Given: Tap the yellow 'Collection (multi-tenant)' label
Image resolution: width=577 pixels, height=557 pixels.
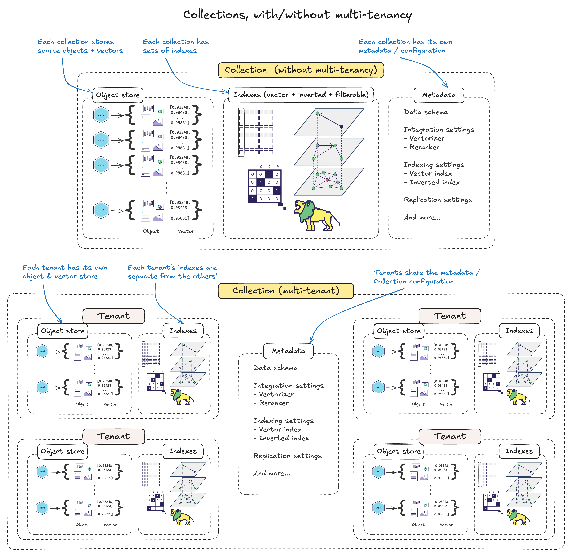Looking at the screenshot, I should click(x=286, y=291).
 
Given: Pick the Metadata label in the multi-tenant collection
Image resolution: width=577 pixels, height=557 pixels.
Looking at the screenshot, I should click(x=288, y=351).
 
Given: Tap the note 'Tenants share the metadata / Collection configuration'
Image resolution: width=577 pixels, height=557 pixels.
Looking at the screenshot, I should click(x=426, y=277).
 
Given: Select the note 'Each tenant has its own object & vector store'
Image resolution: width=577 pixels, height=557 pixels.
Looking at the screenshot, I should click(x=65, y=272).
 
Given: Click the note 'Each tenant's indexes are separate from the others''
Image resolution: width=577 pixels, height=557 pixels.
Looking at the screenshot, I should click(x=172, y=272).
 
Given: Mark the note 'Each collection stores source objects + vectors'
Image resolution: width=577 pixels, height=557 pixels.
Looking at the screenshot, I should click(x=80, y=46).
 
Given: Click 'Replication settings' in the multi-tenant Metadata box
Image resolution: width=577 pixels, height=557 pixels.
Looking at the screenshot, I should click(x=287, y=456).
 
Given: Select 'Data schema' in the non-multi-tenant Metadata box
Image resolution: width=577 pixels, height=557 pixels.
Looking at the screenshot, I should click(x=426, y=112).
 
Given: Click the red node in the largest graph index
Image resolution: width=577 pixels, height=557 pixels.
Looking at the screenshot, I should click(x=327, y=180).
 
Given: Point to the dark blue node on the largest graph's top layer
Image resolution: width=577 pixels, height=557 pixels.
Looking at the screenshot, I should click(x=341, y=127).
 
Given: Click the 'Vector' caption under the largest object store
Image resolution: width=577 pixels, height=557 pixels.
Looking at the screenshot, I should click(x=186, y=231).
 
